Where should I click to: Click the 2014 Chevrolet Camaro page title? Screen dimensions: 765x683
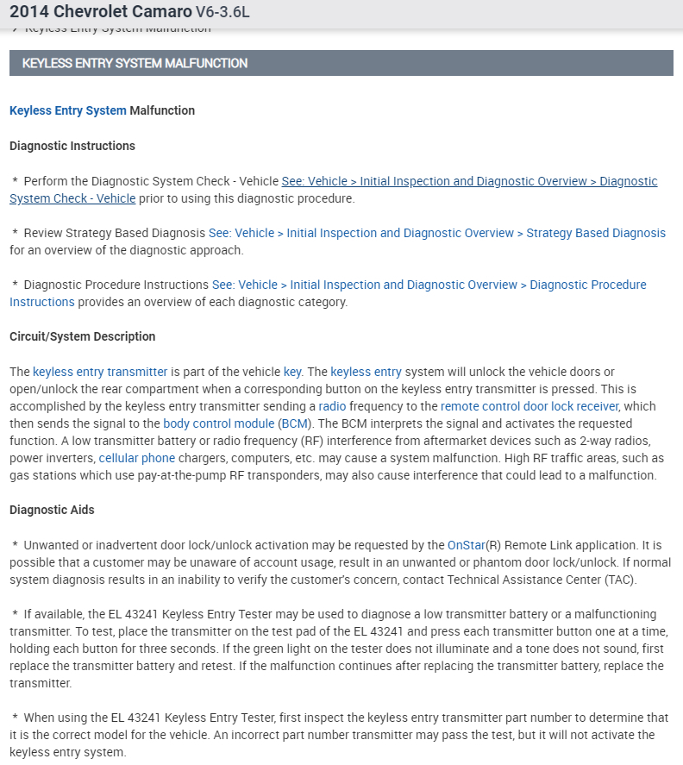(100, 12)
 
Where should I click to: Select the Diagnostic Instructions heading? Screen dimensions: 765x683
(72, 146)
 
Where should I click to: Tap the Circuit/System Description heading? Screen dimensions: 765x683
(83, 336)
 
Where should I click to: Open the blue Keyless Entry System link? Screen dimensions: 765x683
(68, 110)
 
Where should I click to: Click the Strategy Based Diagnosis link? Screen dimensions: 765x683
(437, 233)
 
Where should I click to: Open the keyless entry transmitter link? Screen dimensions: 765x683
(100, 372)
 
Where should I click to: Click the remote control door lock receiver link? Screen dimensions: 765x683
(529, 406)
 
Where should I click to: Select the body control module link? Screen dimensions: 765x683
(218, 423)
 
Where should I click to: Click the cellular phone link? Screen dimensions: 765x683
(137, 458)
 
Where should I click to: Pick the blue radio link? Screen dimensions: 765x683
(332, 406)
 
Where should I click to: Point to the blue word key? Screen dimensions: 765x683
(292, 372)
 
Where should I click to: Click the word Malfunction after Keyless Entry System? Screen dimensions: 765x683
(162, 110)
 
